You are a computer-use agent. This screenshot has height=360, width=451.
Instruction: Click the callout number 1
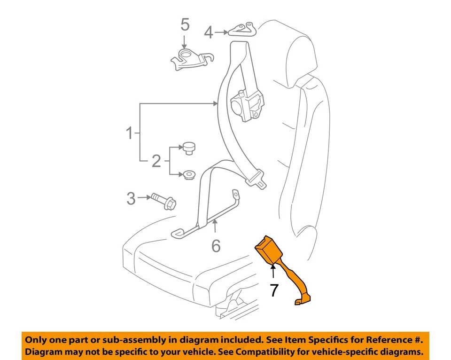(x=129, y=133)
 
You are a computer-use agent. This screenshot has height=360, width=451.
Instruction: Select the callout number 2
(x=156, y=162)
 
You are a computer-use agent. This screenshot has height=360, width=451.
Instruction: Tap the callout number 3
(x=131, y=198)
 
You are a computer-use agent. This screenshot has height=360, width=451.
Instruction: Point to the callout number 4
(x=209, y=32)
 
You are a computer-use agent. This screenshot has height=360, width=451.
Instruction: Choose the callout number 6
(x=216, y=245)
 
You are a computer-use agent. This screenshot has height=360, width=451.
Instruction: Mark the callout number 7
(x=274, y=290)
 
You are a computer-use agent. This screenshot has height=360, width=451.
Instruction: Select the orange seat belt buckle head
(x=266, y=249)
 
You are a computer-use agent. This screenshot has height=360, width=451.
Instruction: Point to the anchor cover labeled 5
(x=189, y=60)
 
